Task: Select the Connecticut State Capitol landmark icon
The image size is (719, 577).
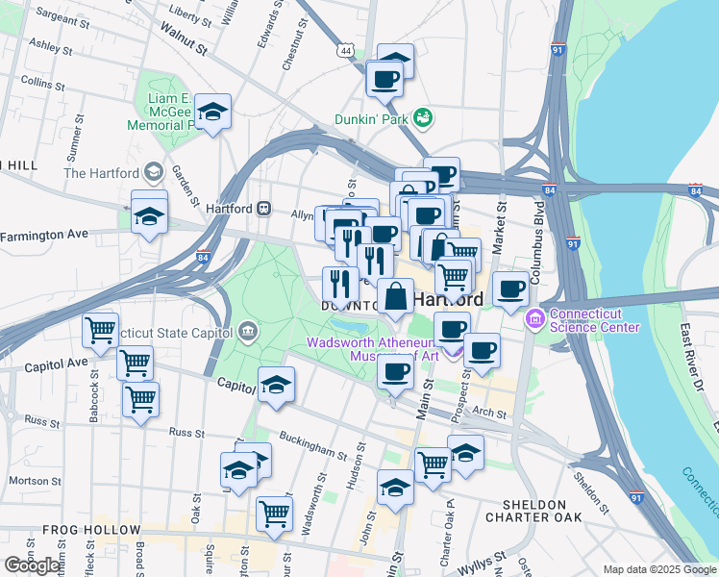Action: click(x=249, y=332)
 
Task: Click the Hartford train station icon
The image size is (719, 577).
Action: click(x=262, y=209)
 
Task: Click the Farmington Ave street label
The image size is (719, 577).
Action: click(x=58, y=235)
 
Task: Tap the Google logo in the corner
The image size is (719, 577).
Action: click(x=34, y=564)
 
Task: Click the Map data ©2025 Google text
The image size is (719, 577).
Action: click(x=658, y=569)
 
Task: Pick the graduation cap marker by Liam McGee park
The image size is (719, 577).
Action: click(x=213, y=112)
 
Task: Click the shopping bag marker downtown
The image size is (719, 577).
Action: click(x=395, y=296)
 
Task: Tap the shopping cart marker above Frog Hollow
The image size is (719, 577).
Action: click(x=274, y=513)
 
